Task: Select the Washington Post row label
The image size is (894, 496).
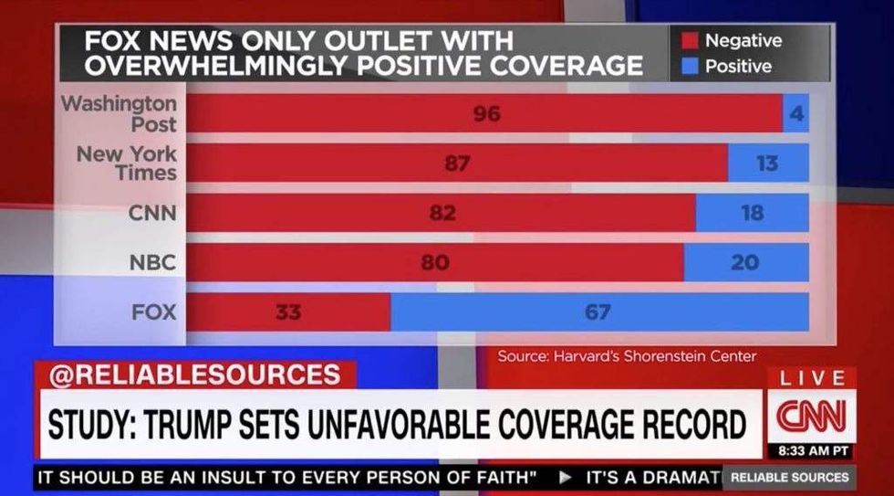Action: point(120,113)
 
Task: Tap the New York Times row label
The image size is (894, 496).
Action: point(127,163)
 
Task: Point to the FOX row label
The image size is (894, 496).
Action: point(153,312)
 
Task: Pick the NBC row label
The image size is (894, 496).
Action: point(152,263)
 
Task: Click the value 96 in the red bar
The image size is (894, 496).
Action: point(486,114)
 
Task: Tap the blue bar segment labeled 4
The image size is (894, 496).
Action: point(795,114)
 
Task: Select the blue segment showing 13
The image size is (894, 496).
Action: point(767,164)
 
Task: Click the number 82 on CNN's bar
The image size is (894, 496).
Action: point(442,213)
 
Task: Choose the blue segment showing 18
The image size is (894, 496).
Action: point(752,213)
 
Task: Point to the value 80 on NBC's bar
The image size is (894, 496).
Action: point(435,262)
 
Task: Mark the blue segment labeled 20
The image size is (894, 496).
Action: point(745,262)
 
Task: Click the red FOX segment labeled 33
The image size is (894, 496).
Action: point(287,312)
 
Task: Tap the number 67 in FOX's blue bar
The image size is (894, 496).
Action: point(598,312)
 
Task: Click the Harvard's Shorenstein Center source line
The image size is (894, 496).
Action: point(627,356)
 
